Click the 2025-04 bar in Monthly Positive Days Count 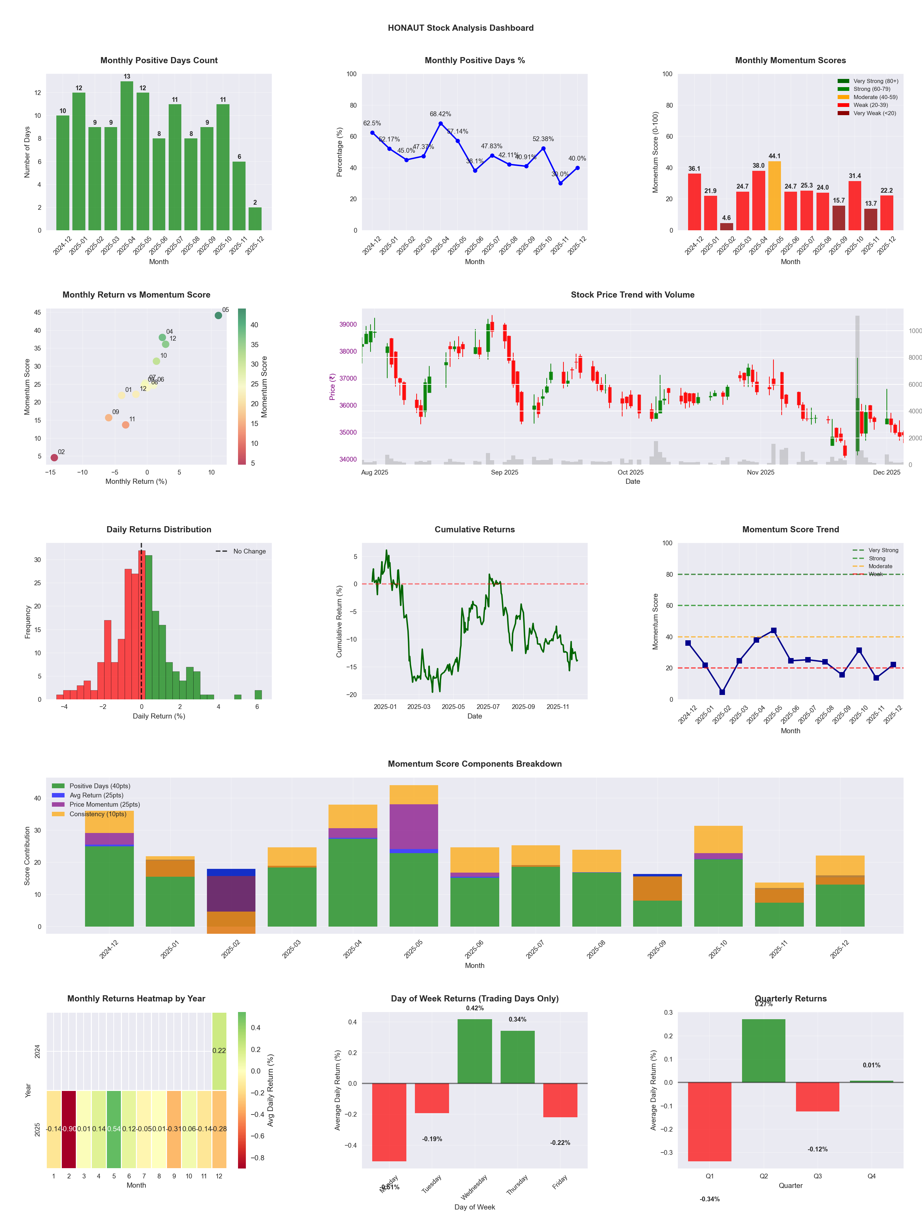point(127,156)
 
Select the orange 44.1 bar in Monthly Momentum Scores point(774,196)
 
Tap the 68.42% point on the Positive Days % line point(441,123)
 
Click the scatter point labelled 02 point(54,457)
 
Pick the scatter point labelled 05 point(219,315)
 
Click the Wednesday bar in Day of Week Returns point(475,1051)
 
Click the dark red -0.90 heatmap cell point(69,1129)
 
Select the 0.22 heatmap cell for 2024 point(219,1050)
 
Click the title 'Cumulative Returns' point(475,529)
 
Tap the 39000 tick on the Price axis point(348,324)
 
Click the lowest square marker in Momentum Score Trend point(722,692)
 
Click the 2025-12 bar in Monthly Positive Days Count point(255,219)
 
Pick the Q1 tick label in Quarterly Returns point(710,1176)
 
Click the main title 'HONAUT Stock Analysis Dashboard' point(461,28)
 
